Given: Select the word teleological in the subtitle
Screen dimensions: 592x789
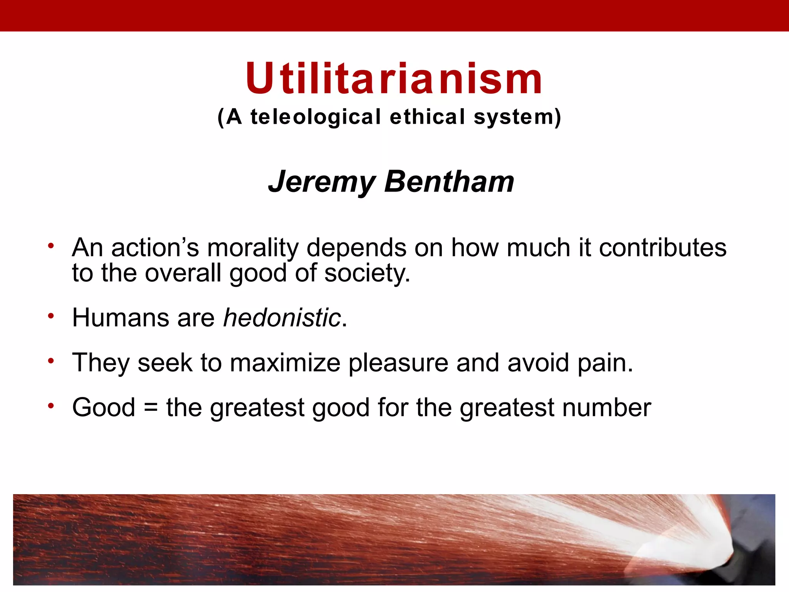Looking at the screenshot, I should pos(316,117).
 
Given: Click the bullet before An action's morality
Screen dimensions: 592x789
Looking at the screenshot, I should pos(50,246).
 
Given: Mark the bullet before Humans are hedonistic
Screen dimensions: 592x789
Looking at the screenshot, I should pos(50,316).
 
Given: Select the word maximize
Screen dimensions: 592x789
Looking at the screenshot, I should pos(285,363).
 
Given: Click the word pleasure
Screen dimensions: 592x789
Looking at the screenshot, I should pos(398,363).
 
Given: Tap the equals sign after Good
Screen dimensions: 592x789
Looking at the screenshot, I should pos(151,408).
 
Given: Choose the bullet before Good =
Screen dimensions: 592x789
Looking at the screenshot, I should pos(50,406).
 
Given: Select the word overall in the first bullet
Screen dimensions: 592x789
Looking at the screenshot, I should pos(183,273).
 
